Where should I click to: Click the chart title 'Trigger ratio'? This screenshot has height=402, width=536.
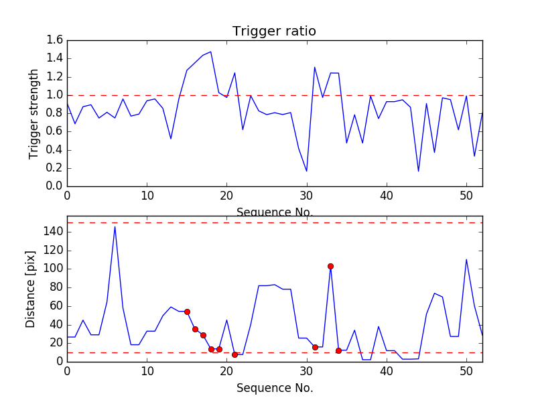274,31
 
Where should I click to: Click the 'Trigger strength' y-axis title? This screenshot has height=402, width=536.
34,113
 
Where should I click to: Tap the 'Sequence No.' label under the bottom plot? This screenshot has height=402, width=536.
275,388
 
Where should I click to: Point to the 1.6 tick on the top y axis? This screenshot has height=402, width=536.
55,40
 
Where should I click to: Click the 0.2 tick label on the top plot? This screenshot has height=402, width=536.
55,167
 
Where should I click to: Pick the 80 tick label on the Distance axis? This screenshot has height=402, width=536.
55,287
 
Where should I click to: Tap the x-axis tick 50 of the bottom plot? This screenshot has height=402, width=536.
466,373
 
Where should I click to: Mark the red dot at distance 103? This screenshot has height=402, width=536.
330,266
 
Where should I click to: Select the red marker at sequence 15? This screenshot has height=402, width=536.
187,312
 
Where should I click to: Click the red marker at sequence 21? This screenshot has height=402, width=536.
234,354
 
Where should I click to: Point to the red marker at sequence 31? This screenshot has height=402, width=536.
315,347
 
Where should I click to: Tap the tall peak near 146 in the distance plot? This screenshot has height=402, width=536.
115,226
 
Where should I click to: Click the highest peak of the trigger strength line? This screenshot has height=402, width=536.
210,52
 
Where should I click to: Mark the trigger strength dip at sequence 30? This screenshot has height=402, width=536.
307,171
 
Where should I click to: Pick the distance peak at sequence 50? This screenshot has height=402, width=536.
466,259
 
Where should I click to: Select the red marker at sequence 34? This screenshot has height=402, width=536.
338,350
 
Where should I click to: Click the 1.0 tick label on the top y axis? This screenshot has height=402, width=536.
55,95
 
